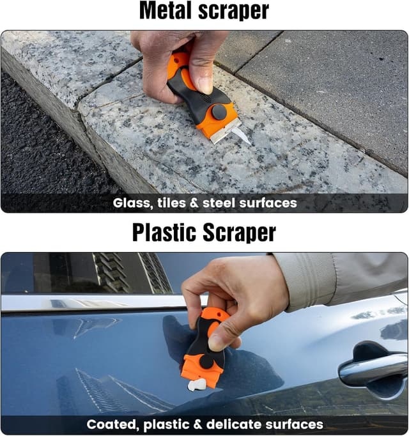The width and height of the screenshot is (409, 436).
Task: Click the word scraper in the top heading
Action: pyautogui.click(x=234, y=12)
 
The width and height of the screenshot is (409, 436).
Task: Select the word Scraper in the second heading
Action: pyautogui.click(x=240, y=233)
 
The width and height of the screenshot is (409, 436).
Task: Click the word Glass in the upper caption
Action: pyautogui.click(x=133, y=203)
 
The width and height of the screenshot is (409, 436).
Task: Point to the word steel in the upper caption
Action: pyautogui.click(x=219, y=203)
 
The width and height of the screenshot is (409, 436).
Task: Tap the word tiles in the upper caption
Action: pyautogui.click(x=171, y=203)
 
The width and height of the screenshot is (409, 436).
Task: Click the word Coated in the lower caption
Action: pyautogui.click(x=113, y=424)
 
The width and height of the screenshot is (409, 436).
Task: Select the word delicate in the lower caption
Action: pyautogui.click(x=234, y=424)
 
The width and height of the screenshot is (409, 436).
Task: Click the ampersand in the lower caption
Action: pyautogui.click(x=197, y=424)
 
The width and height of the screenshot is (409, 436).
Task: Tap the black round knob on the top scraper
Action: pyautogui.click(x=219, y=112)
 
